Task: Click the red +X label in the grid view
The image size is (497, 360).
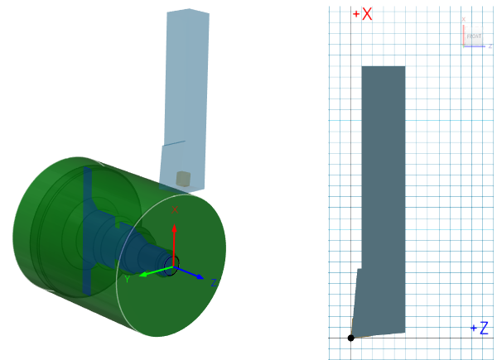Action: tap(363, 14)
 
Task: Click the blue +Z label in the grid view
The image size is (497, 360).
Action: tap(480, 328)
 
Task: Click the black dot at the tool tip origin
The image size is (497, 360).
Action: tap(350, 338)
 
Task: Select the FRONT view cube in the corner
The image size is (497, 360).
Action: tap(474, 36)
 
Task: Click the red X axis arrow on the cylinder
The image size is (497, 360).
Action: tap(175, 236)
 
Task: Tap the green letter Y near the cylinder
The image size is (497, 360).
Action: tap(127, 280)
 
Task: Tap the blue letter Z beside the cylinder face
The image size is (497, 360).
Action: tap(214, 282)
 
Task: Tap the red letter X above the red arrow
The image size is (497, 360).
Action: tap(175, 210)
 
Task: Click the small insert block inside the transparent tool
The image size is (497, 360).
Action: tap(184, 178)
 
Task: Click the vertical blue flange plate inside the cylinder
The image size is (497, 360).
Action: tap(87, 232)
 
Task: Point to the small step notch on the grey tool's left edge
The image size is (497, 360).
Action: tap(359, 269)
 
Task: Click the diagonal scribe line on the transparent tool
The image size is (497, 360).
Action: tap(173, 144)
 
